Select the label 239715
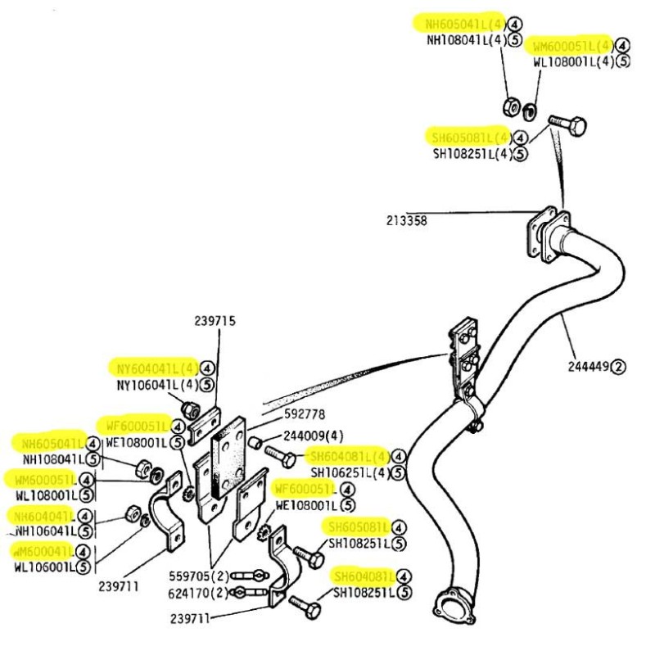click(x=215, y=321)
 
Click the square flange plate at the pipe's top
click(x=542, y=232)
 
